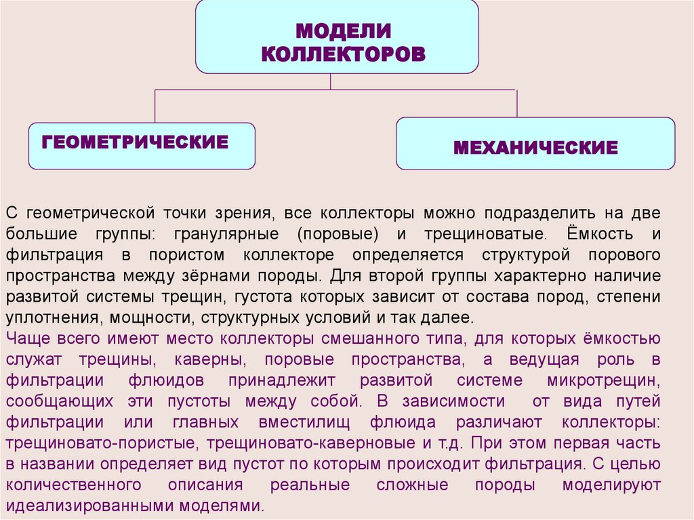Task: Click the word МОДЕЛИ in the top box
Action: (x=344, y=31)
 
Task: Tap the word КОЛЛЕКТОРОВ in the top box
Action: (x=344, y=54)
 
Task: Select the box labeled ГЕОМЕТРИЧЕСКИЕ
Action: (x=142, y=145)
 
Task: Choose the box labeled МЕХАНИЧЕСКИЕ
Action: (x=535, y=146)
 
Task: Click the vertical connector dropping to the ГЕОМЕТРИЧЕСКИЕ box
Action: (x=155, y=106)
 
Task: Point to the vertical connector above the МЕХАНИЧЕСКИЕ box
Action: (x=517, y=103)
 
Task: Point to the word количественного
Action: (x=73, y=485)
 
